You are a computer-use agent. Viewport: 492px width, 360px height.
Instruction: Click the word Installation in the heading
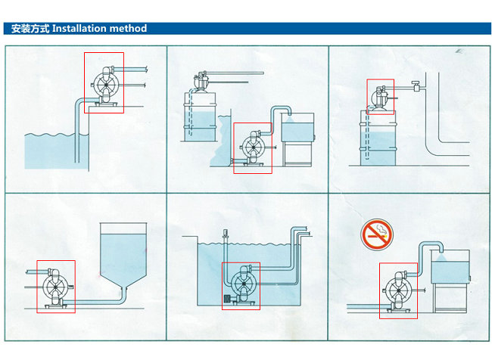click(x=83, y=29)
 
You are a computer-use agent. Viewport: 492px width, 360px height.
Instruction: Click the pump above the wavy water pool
click(x=104, y=83)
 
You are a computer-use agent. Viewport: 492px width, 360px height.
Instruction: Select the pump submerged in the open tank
click(x=241, y=285)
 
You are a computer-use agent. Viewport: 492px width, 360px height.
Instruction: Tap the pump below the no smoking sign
click(x=397, y=290)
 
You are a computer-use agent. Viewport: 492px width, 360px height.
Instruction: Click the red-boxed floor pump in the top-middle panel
click(x=252, y=147)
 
